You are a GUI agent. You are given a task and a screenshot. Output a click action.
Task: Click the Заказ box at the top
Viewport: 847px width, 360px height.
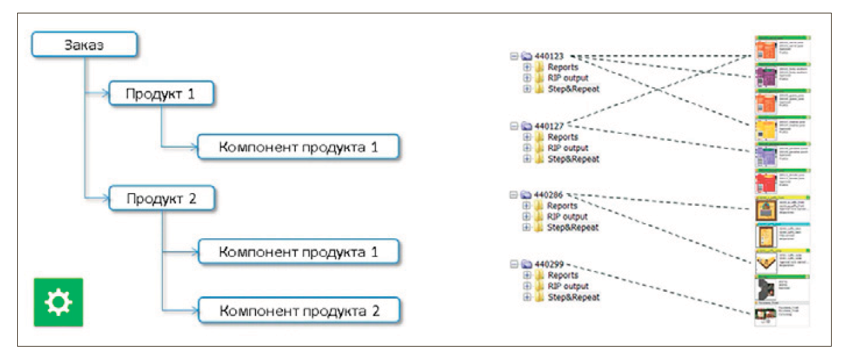(x=84, y=45)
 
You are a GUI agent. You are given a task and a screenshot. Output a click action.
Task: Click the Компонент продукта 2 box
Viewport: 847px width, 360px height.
(x=299, y=312)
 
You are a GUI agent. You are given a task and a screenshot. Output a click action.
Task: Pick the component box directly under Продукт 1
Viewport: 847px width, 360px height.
(x=299, y=147)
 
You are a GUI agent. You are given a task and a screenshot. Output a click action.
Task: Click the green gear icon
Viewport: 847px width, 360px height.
(x=58, y=302)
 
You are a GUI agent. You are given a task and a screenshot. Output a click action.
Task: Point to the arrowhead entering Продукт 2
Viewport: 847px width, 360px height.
(x=106, y=199)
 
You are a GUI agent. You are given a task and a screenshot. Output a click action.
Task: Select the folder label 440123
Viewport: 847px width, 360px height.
(x=550, y=56)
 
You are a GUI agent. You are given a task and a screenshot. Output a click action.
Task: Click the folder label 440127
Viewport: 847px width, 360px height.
(x=550, y=126)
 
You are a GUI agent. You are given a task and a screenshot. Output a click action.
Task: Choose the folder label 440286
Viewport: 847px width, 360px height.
(x=550, y=195)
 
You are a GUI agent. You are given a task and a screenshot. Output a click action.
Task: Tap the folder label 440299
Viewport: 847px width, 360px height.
(x=550, y=264)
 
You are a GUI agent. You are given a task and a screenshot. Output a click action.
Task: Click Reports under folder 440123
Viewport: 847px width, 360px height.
(x=563, y=67)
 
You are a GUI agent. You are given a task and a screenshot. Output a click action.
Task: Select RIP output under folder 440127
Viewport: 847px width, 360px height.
(x=568, y=148)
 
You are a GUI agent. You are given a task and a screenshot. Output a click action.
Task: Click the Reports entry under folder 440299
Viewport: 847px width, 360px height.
(x=563, y=275)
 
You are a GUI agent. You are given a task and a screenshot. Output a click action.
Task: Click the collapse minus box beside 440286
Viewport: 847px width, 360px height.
(x=514, y=195)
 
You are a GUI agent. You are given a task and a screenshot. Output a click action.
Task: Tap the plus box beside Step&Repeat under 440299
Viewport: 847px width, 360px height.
(x=526, y=297)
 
